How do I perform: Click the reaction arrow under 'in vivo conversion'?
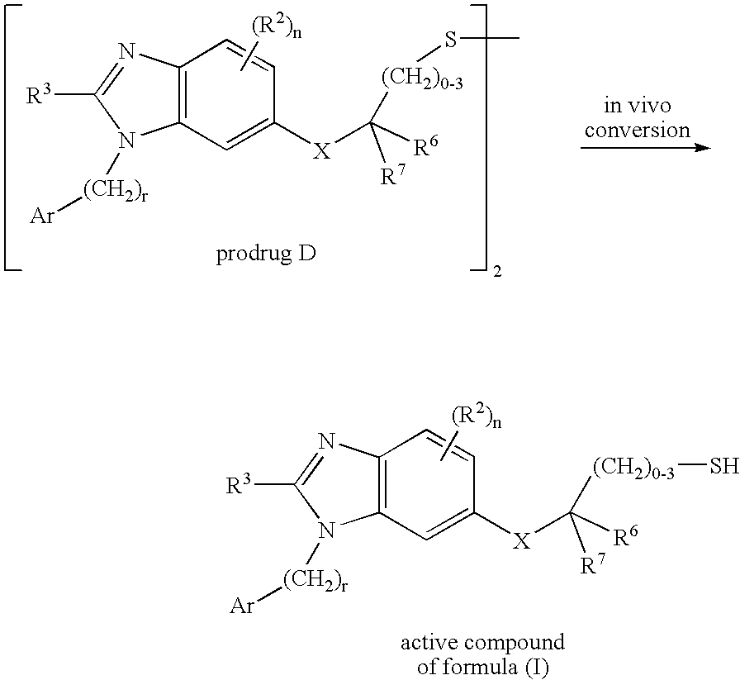point(644,149)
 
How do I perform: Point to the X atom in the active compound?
point(523,542)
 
